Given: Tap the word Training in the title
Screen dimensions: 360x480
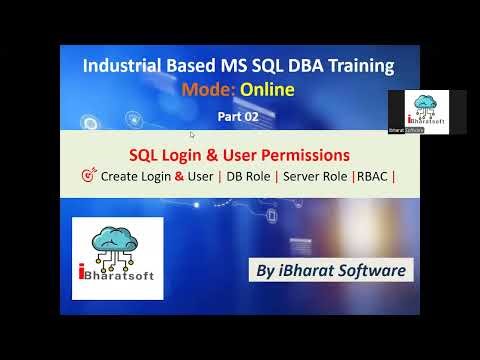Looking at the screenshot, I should pos(357,67).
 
